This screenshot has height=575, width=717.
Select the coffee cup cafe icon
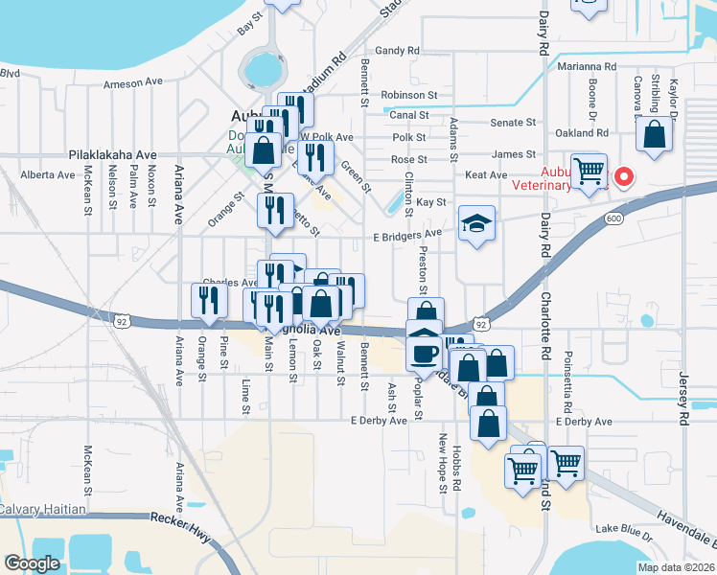423,353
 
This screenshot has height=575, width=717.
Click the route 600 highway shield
611,219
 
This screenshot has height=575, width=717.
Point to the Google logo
31,563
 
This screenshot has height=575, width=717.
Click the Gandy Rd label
398,50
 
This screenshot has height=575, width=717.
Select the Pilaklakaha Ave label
112,154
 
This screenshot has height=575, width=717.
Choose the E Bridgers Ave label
406,233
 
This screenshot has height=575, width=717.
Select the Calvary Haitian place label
43,509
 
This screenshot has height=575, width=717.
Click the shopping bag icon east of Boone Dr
657,136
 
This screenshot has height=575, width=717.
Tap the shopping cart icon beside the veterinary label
589,172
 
